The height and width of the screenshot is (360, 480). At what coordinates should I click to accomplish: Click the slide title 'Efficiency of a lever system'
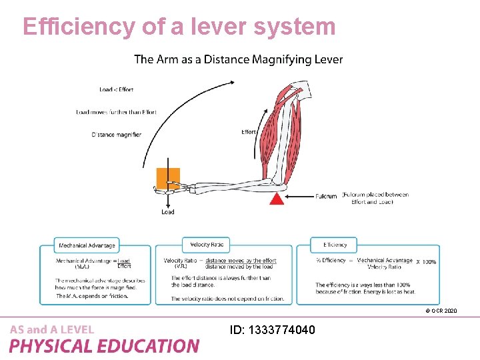click(x=179, y=26)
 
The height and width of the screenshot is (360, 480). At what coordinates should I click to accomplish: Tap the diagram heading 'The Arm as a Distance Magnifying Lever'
click(x=239, y=59)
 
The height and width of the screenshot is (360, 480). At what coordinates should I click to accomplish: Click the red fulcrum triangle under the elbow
click(x=277, y=199)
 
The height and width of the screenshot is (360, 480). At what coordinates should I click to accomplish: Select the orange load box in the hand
click(x=168, y=179)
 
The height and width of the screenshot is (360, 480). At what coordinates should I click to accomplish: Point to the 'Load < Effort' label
click(x=116, y=89)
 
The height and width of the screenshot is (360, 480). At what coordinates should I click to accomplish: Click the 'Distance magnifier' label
click(x=117, y=135)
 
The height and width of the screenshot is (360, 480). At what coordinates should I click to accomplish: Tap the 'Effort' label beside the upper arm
click(x=249, y=131)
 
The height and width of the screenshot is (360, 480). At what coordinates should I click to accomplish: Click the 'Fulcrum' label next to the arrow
click(x=326, y=197)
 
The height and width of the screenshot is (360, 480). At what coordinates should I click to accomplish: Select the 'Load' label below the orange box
click(x=168, y=212)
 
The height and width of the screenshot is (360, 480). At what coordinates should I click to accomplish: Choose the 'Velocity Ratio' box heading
click(x=207, y=245)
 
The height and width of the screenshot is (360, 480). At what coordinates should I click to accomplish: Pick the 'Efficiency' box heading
click(x=335, y=245)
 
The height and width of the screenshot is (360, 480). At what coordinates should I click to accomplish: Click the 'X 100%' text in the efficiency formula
click(x=426, y=262)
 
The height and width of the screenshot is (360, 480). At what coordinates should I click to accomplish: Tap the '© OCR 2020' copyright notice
click(x=440, y=311)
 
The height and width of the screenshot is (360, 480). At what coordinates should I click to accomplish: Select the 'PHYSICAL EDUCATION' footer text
click(x=104, y=346)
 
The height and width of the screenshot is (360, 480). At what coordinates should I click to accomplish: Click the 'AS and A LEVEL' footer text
click(x=52, y=329)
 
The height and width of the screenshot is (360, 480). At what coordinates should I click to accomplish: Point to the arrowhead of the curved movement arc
click(x=233, y=81)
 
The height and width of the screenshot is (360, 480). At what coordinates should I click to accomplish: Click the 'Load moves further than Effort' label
click(x=117, y=112)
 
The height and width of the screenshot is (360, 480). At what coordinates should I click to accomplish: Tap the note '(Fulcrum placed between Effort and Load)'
click(x=376, y=198)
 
